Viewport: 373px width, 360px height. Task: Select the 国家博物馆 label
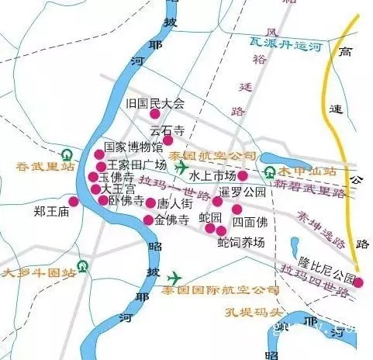[x=133, y=147]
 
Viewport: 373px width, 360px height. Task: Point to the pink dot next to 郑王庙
[x=74, y=202]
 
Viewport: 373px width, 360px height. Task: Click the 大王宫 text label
[x=113, y=189]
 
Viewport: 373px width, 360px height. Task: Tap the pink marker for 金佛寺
[x=148, y=220]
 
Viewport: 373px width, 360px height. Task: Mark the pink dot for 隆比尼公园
[x=357, y=282]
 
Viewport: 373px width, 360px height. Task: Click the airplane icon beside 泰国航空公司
[x=181, y=167]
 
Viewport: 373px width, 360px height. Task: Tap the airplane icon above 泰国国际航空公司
[x=173, y=277]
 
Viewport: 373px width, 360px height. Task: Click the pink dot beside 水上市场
[x=243, y=175]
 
